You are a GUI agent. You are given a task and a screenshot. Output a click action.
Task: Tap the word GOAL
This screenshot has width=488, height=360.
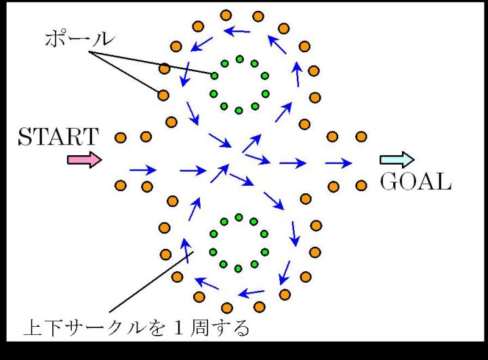click(416, 182)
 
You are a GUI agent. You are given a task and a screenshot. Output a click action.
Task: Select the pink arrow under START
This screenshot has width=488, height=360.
click(84, 160)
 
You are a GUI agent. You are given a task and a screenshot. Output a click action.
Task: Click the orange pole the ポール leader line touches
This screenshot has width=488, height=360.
click(163, 95)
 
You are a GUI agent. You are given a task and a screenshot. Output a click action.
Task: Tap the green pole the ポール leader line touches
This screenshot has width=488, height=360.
click(215, 75)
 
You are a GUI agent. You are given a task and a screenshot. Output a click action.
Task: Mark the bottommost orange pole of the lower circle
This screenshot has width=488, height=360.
click(226, 308)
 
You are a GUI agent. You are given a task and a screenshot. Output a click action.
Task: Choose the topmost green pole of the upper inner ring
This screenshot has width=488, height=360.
click(239, 59)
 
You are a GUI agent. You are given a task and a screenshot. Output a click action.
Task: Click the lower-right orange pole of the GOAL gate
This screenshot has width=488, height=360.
click(361, 185)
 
